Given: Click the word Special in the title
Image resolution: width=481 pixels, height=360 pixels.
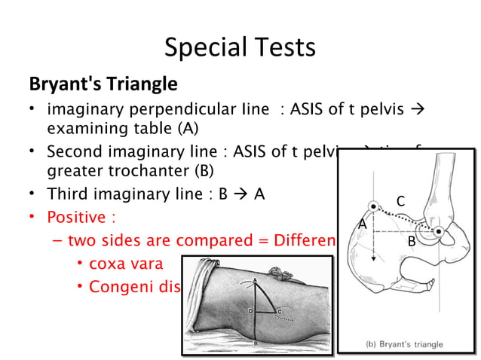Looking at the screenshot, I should pyautogui.click(x=199, y=49).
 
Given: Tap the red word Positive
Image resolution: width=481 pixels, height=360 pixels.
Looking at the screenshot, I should pyautogui.click(x=75, y=218).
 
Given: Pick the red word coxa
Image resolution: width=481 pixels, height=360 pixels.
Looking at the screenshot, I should pyautogui.click(x=107, y=265).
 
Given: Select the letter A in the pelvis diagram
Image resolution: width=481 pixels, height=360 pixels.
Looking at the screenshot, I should pyautogui.click(x=363, y=224).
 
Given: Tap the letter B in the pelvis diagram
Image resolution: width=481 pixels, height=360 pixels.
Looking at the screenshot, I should pyautogui.click(x=412, y=242).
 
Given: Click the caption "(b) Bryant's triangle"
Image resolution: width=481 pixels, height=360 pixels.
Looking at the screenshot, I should pyautogui.click(x=405, y=344).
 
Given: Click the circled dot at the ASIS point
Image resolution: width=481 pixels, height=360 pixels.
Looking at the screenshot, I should pyautogui.click(x=373, y=206).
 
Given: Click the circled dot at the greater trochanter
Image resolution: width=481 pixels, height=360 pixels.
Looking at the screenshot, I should pyautogui.click(x=438, y=230).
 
